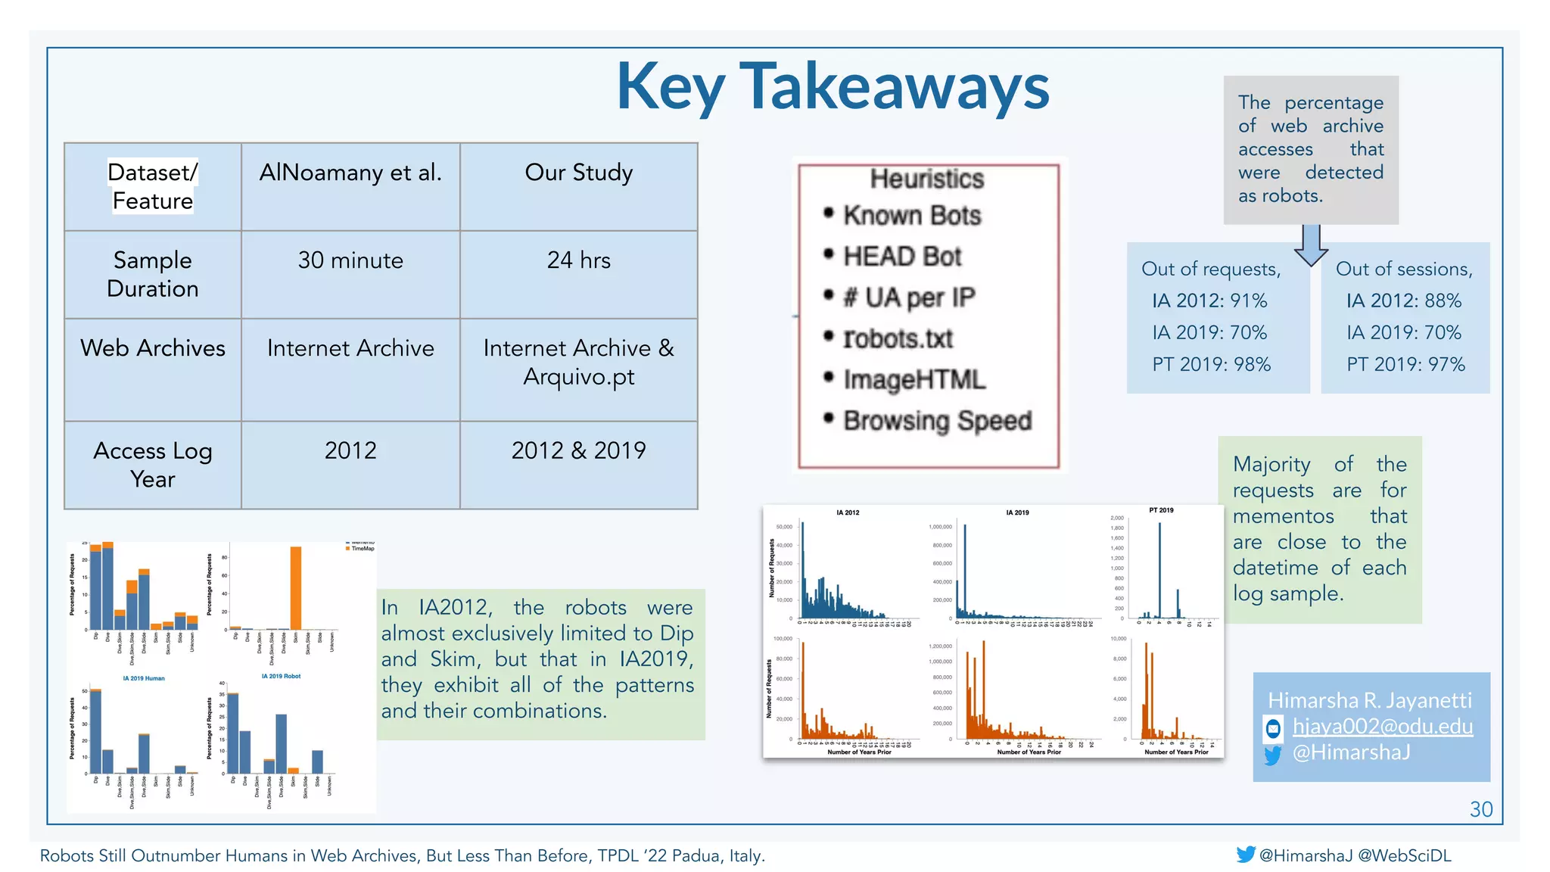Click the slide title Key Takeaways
coord(833,87)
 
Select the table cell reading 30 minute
coord(350,260)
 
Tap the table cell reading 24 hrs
coord(578,260)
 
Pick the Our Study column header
coord(578,173)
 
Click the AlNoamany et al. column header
coord(350,173)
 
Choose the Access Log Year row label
coord(152,465)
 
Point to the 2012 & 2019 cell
coord(578,450)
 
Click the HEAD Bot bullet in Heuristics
coord(901,257)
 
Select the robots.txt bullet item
coord(898,338)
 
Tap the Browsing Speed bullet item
coord(937,420)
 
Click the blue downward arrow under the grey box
coord(1311,244)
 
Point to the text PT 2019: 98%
coord(1211,364)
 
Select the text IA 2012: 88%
coord(1404,301)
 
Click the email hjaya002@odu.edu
coord(1382,726)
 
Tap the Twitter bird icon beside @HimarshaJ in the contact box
coord(1273,755)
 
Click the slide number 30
coord(1480,809)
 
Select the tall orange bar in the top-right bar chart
coord(296,587)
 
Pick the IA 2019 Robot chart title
coord(281,676)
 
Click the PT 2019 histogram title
coord(1161,510)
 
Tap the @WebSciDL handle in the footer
coord(1404,855)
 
